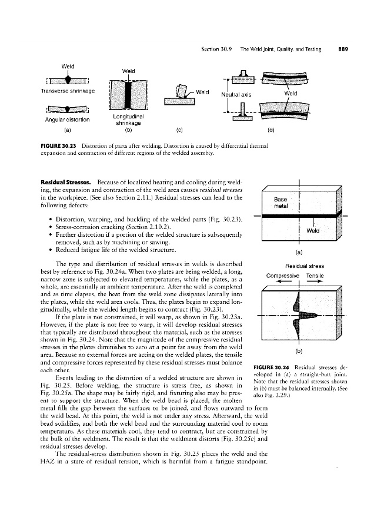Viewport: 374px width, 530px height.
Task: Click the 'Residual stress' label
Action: point(300,266)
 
